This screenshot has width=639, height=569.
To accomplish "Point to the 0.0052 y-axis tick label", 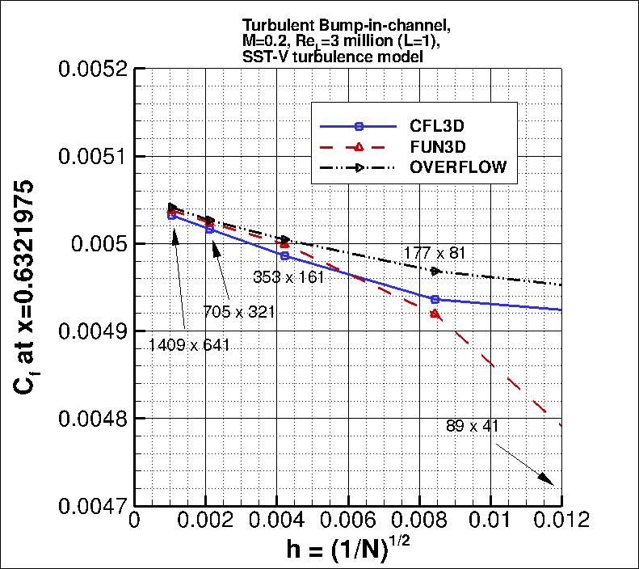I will [90, 69].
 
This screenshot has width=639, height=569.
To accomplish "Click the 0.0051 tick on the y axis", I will [90, 156].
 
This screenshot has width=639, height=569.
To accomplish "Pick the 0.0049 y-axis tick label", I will [90, 331].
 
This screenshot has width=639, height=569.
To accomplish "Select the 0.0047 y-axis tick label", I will [90, 507].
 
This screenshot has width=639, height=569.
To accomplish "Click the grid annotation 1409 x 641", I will [189, 345].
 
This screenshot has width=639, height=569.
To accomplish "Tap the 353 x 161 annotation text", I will [289, 277].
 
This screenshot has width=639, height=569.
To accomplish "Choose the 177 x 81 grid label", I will [435, 253].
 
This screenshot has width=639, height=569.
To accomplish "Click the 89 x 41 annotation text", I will [474, 426].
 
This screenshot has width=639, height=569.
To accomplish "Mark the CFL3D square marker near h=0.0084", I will [435, 300].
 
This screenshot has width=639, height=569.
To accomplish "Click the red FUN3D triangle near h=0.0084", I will [435, 314].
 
